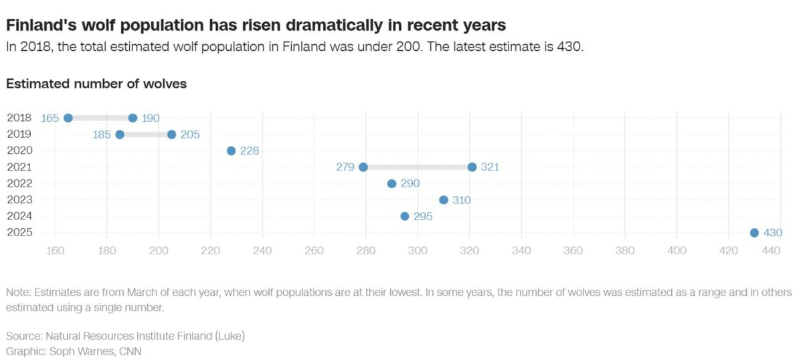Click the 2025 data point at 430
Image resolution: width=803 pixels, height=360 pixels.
[754, 233]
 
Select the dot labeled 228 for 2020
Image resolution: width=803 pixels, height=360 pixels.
[231, 151]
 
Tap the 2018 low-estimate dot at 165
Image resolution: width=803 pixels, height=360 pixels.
[68, 118]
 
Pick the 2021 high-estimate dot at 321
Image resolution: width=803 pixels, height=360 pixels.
[472, 167]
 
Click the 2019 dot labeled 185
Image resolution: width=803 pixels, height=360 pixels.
[120, 134]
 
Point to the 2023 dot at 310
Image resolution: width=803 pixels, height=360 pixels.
[444, 200]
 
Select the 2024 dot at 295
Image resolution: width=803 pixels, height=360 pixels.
[405, 216]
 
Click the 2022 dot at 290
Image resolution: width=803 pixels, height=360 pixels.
[391, 183]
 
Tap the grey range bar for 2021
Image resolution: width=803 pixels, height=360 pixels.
[418, 167]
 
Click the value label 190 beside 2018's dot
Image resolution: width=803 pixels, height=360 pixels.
[151, 118]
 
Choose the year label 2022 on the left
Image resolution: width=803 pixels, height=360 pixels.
[19, 183]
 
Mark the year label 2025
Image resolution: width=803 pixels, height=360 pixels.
[19, 233]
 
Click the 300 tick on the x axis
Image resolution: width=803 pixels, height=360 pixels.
[418, 251]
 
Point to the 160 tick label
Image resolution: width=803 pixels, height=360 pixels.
[55, 251]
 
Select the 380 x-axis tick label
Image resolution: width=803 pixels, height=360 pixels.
[625, 251]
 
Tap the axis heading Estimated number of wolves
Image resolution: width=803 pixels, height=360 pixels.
[96, 84]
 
